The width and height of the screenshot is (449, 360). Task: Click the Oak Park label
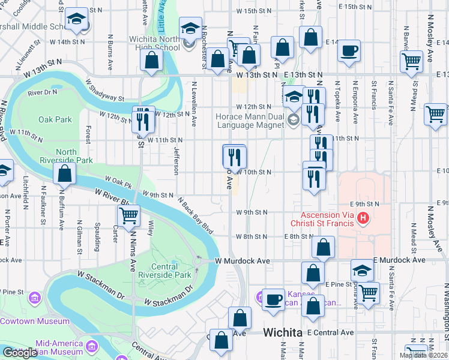coord(55,119)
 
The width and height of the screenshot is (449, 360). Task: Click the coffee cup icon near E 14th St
coord(349,51)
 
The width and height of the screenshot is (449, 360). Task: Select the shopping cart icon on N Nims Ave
coord(128,215)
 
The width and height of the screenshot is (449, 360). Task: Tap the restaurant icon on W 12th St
coord(142,120)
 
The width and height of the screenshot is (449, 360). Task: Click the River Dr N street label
coord(42,92)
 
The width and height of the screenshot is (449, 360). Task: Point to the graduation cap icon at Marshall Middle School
coord(76,20)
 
